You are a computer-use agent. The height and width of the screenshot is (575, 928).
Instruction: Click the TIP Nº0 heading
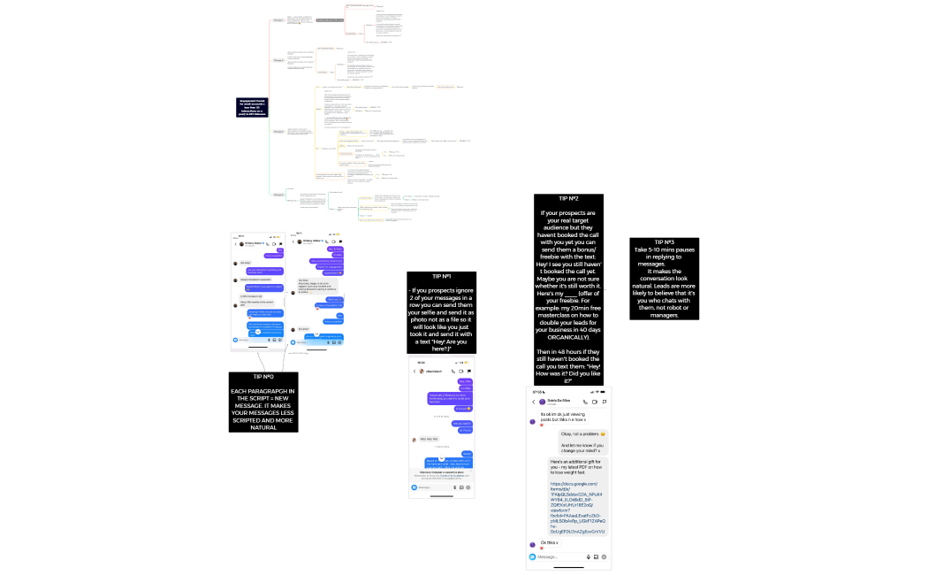point(263,377)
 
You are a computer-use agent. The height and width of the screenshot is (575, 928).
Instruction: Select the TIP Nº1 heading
point(441,276)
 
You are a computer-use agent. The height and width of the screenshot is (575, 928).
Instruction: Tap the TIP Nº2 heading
point(568,198)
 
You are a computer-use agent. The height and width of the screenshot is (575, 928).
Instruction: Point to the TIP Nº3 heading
point(665,241)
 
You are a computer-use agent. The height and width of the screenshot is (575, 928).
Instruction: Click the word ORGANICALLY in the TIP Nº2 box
point(569,337)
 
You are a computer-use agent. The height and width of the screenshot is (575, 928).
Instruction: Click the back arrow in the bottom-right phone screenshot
point(533,402)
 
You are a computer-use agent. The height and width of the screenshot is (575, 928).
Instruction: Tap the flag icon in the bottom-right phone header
point(604,402)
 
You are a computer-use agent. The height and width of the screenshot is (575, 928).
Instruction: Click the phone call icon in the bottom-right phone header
point(584,402)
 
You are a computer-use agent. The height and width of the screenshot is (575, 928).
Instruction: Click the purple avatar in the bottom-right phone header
point(542,402)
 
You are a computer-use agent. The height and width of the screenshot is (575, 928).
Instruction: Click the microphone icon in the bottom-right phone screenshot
point(588,557)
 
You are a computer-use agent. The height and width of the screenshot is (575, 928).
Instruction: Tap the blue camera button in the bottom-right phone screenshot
point(532,557)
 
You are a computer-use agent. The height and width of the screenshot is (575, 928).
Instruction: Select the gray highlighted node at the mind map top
point(330,19)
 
